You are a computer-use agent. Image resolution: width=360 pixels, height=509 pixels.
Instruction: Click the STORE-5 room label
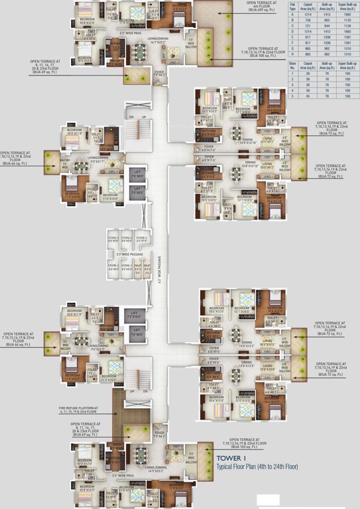click(141, 240)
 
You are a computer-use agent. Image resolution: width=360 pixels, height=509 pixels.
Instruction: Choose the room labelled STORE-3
click(113, 240)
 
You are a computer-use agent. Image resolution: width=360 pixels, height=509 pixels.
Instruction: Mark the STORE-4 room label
click(127, 240)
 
